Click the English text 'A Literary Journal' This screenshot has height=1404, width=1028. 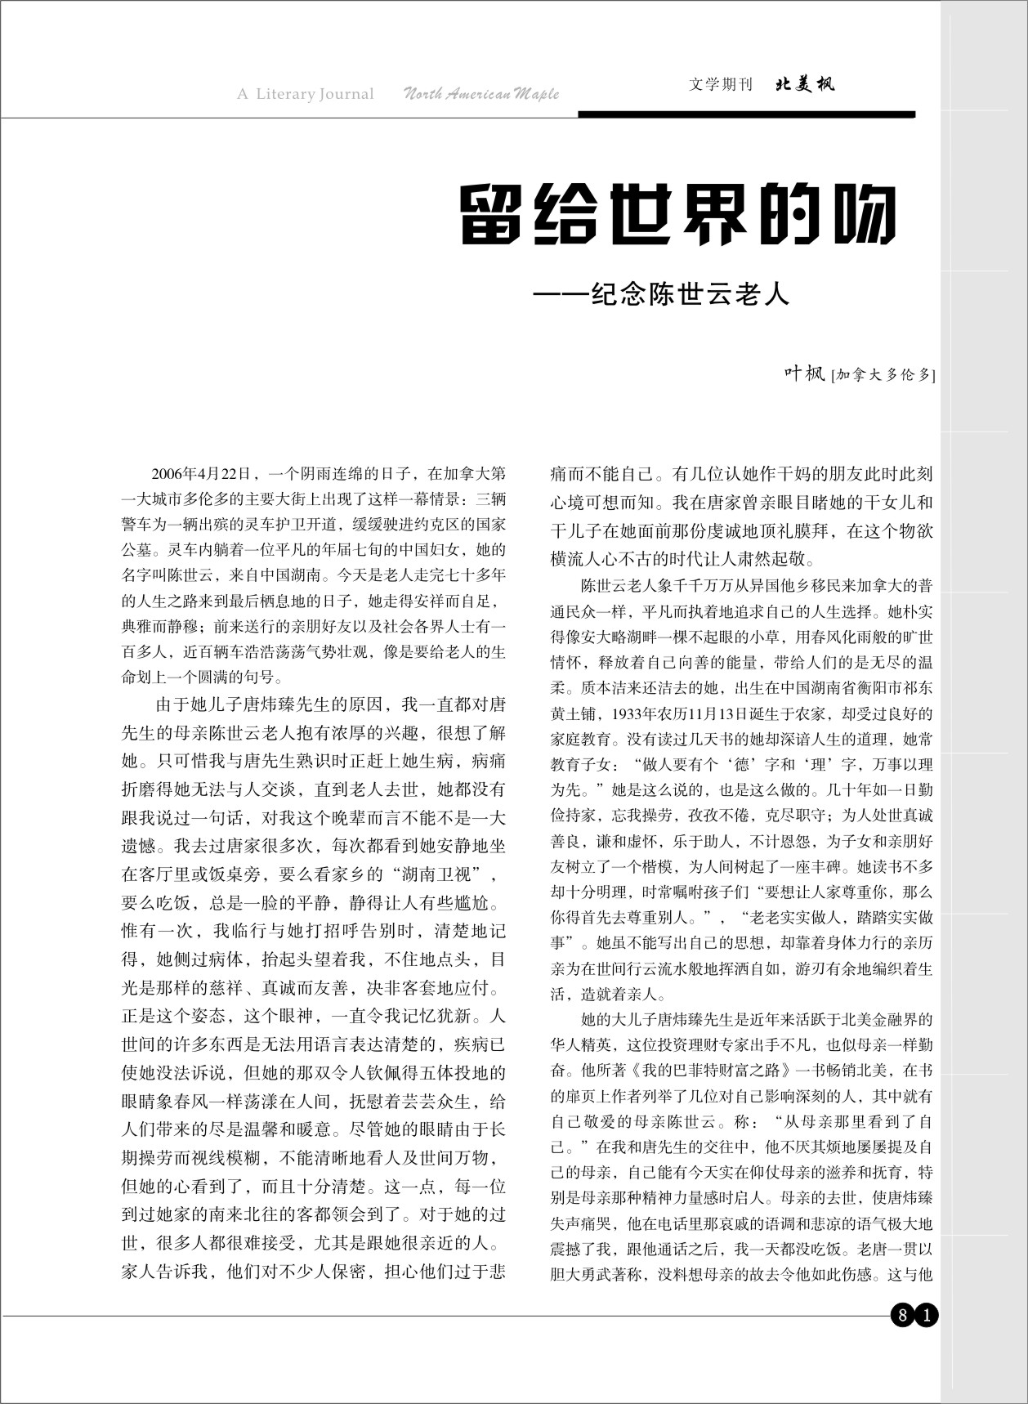305,94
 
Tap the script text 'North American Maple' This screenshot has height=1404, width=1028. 481,94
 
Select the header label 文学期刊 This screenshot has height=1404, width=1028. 720,84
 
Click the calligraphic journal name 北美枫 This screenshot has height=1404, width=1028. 805,84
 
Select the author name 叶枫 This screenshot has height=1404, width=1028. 804,374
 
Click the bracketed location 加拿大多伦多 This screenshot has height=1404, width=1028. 883,376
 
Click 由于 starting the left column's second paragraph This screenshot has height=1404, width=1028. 169,704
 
